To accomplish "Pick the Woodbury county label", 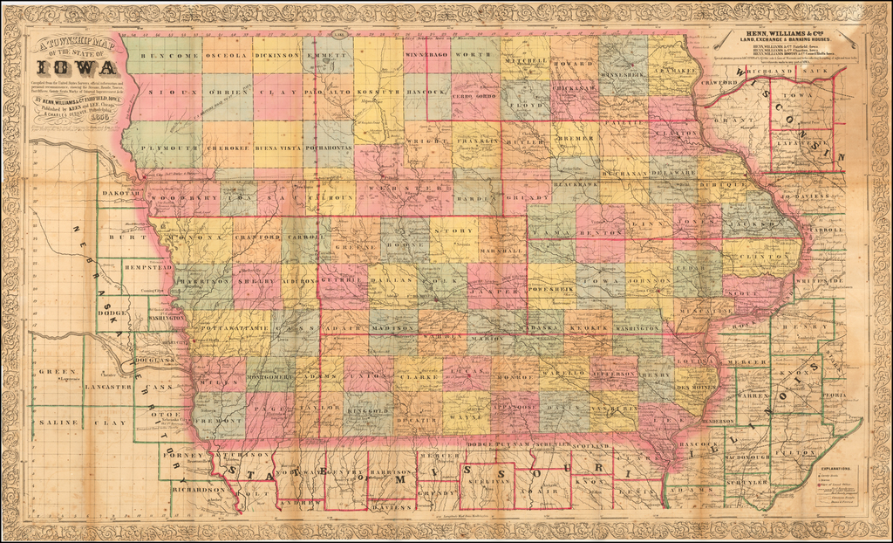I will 184,198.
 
